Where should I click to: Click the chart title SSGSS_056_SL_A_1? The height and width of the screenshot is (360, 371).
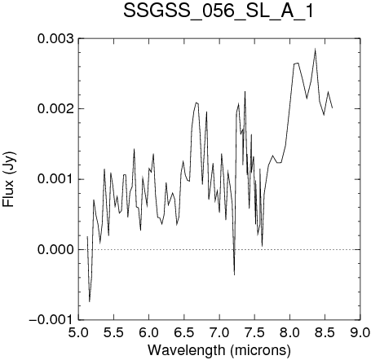219,11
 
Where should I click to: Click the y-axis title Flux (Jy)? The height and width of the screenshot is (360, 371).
9,179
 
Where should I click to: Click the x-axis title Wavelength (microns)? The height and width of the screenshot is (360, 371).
219,350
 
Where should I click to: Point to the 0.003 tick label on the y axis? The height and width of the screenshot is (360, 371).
55,38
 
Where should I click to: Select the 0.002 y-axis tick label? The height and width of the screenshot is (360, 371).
55,109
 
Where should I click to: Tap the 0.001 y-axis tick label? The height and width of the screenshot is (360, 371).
55,179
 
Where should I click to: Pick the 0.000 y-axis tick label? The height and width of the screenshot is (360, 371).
55,249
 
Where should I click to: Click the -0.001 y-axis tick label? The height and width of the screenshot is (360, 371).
51,320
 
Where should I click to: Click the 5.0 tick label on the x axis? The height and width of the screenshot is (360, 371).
79,333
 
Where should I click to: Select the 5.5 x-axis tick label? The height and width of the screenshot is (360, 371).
114,333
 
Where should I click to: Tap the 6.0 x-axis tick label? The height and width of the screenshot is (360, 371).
149,333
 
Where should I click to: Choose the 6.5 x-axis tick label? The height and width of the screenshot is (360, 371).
184,333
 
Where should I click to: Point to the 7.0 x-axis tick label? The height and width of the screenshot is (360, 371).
219,333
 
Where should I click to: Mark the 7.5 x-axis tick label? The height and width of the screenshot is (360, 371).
254,333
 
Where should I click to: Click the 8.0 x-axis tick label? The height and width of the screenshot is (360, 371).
290,333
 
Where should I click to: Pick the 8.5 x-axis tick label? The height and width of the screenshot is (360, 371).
325,333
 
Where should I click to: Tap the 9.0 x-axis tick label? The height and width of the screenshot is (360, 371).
360,333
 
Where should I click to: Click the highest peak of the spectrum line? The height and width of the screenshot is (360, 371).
316,49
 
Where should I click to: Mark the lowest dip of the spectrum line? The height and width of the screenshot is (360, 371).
90,301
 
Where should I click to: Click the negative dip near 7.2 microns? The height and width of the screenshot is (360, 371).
234,274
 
